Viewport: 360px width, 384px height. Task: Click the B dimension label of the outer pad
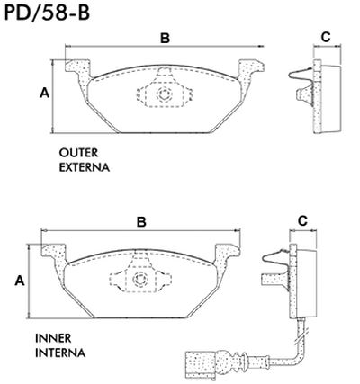[165, 38]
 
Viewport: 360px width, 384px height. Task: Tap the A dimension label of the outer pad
[43, 94]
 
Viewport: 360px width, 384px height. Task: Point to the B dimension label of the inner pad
[141, 221]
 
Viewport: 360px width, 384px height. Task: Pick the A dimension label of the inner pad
[19, 281]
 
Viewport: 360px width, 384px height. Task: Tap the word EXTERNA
[85, 167]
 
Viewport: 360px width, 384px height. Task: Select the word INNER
[54, 337]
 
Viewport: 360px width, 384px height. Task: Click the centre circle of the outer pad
[163, 94]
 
